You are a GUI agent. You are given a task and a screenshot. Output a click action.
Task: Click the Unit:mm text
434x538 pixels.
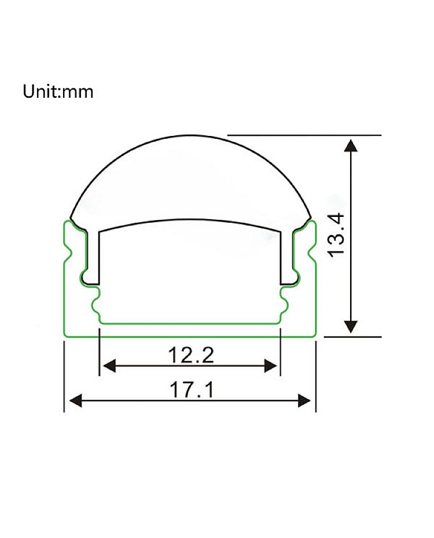(58, 91)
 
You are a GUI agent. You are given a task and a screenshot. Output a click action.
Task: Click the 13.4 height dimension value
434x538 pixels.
(336, 234)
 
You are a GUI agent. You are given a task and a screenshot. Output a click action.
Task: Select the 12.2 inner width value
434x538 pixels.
(191, 355)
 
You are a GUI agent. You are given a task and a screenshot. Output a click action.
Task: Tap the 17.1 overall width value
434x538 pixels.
(192, 390)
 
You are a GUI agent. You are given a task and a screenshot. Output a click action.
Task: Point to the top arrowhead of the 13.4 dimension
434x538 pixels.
(350, 145)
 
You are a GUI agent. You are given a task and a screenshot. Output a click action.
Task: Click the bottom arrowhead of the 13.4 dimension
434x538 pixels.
(350, 326)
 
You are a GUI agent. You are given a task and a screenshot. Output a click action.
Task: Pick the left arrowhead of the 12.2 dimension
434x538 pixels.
(109, 366)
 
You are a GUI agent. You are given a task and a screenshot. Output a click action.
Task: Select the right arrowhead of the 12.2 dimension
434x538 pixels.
(270, 366)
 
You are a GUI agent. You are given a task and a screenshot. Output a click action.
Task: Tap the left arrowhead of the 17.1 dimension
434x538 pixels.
(76, 400)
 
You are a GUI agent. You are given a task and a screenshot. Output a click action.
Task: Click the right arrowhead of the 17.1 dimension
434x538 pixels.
(304, 400)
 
